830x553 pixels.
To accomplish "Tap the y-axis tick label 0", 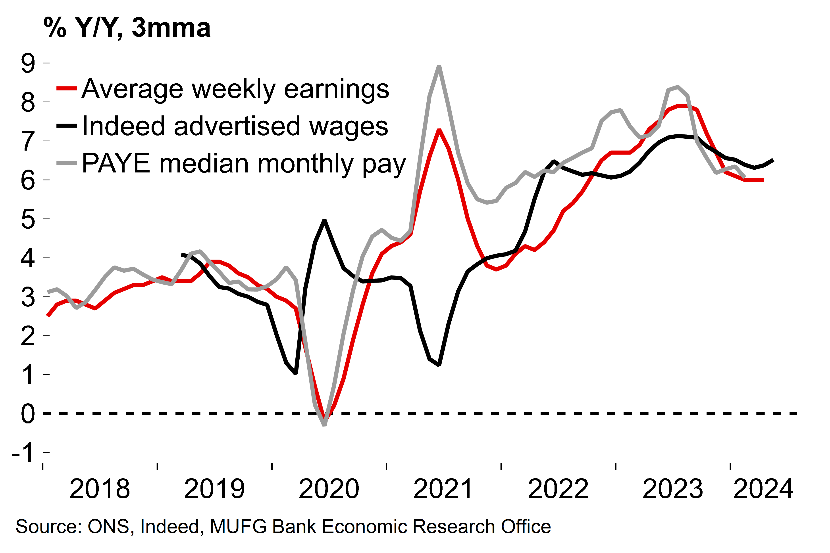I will (28, 414).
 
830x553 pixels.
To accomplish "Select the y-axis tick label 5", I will (28, 219).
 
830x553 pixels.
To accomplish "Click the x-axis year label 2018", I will (100, 489).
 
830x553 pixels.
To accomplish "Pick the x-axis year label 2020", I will (329, 489).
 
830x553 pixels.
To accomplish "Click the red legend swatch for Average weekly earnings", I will (67, 88).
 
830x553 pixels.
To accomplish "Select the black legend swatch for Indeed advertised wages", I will (67, 126).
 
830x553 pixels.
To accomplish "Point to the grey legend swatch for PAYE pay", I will (67, 163).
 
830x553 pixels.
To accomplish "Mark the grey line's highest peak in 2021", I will (439, 66).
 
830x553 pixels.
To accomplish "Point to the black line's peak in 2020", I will (324, 220).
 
